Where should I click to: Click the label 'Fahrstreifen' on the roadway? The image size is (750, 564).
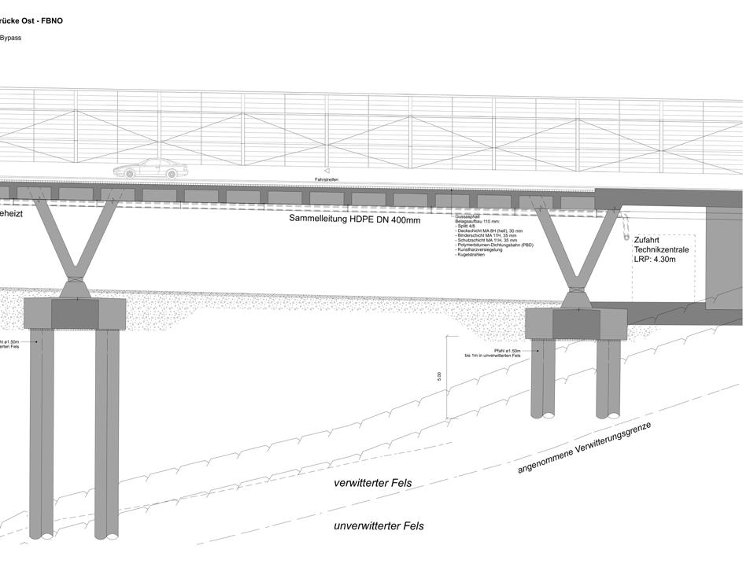(x=326, y=179)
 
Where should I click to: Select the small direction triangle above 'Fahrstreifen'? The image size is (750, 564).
(x=326, y=170)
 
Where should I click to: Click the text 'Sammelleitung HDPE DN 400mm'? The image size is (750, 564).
(x=354, y=219)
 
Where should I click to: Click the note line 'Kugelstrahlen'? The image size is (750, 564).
(x=471, y=255)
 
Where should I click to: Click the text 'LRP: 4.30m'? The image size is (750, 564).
(x=655, y=259)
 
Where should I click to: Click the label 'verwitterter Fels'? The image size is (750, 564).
(x=372, y=483)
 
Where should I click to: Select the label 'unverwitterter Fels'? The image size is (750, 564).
(x=379, y=526)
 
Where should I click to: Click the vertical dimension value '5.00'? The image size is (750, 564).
(x=439, y=377)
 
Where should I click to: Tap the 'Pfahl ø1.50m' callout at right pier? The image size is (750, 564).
(x=508, y=350)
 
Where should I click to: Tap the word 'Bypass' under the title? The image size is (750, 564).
(x=10, y=38)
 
